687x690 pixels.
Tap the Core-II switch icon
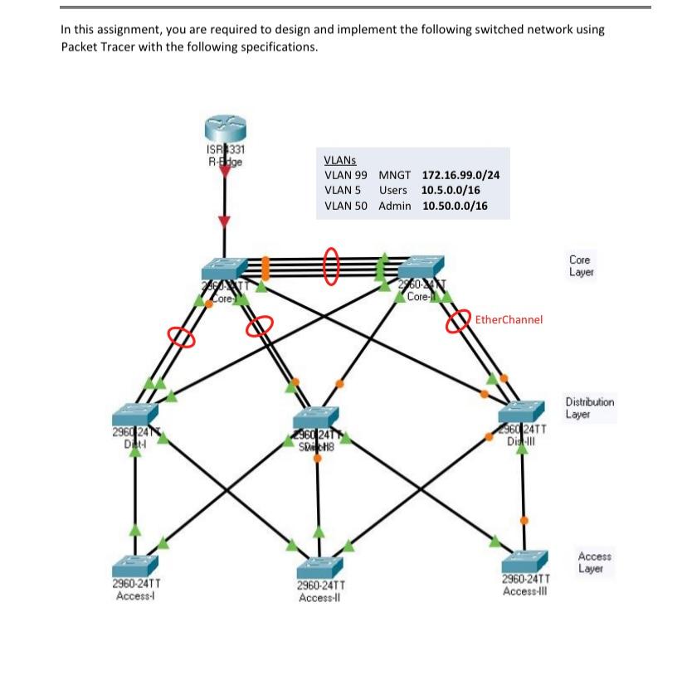421,268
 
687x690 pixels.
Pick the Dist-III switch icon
521,412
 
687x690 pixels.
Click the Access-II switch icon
319,568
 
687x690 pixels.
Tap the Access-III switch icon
524,561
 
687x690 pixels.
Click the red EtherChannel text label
509,319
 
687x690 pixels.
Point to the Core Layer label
581,266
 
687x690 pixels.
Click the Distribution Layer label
590,407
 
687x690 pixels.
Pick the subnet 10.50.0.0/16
455,206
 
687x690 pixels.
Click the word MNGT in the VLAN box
395,176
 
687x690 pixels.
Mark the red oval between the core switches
331,266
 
